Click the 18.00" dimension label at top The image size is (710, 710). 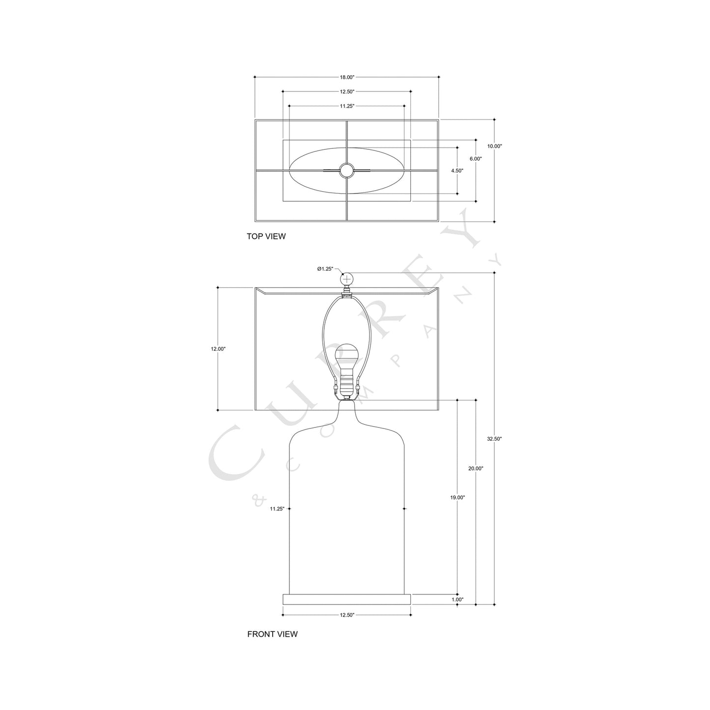[x=347, y=77]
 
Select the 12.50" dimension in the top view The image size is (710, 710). [x=347, y=91]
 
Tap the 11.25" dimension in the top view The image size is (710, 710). [x=347, y=106]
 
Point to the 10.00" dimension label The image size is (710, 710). [x=495, y=146]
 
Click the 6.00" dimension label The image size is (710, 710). [x=476, y=159]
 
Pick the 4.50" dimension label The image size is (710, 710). [x=457, y=170]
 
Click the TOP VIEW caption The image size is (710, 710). [x=266, y=236]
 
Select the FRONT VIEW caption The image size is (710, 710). [x=272, y=634]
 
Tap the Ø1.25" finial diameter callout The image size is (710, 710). [x=325, y=269]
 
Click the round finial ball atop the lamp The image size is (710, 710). [x=347, y=279]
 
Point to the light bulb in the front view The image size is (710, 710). [x=347, y=359]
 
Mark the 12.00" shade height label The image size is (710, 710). [x=218, y=349]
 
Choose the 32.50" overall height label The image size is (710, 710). [x=494, y=439]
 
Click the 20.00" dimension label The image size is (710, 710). [x=476, y=468]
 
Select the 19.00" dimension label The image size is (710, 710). [x=457, y=497]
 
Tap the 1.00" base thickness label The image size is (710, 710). [x=457, y=599]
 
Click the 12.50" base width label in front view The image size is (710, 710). [x=347, y=615]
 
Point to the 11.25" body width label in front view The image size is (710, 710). [x=277, y=509]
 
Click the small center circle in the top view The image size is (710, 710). [x=347, y=170]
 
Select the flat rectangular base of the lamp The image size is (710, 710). [x=347, y=599]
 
